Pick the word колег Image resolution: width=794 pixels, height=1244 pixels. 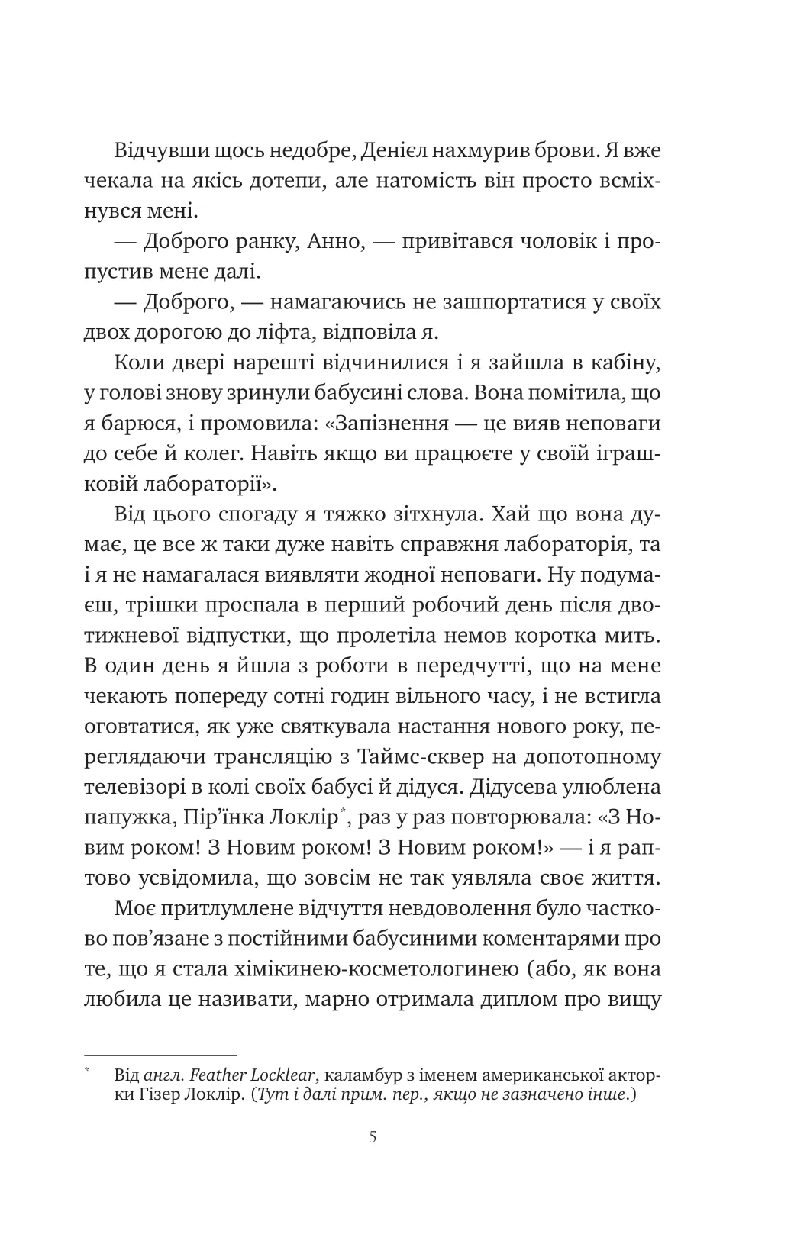tap(252, 454)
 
